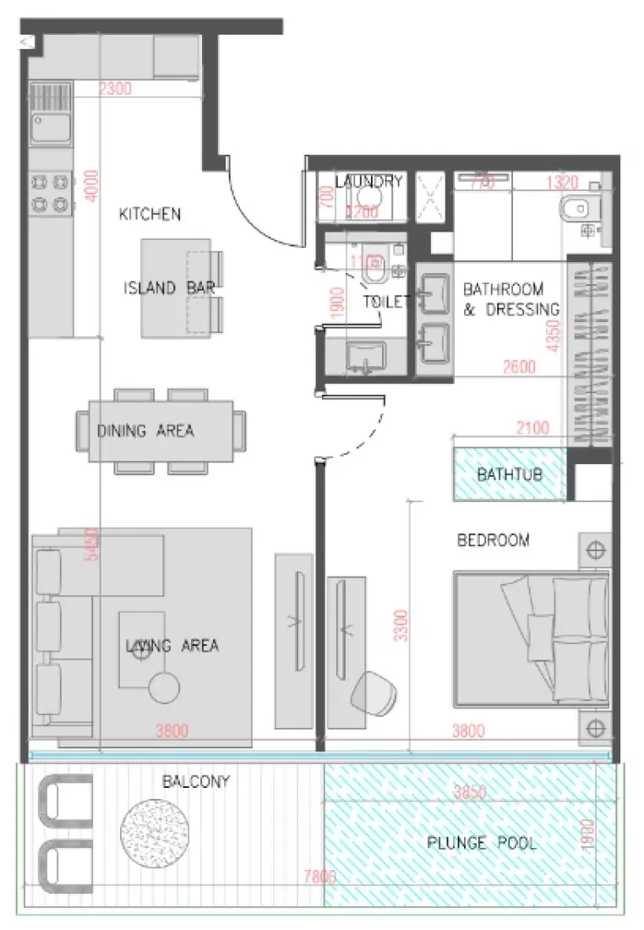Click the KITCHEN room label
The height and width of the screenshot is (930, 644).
point(150,214)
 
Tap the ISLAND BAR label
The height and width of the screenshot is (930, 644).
point(169,288)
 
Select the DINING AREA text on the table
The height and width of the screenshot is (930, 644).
point(145,431)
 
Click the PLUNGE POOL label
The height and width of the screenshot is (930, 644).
point(481,843)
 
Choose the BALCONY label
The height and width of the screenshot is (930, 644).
point(196,782)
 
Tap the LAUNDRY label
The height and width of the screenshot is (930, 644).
point(368,182)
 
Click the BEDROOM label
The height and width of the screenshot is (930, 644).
point(493,540)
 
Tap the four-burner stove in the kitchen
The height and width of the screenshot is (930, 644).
point(50,192)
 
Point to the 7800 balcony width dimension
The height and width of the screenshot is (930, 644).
point(319,878)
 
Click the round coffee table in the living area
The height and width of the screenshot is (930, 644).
point(164,688)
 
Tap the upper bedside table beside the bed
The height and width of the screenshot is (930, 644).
point(595,551)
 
